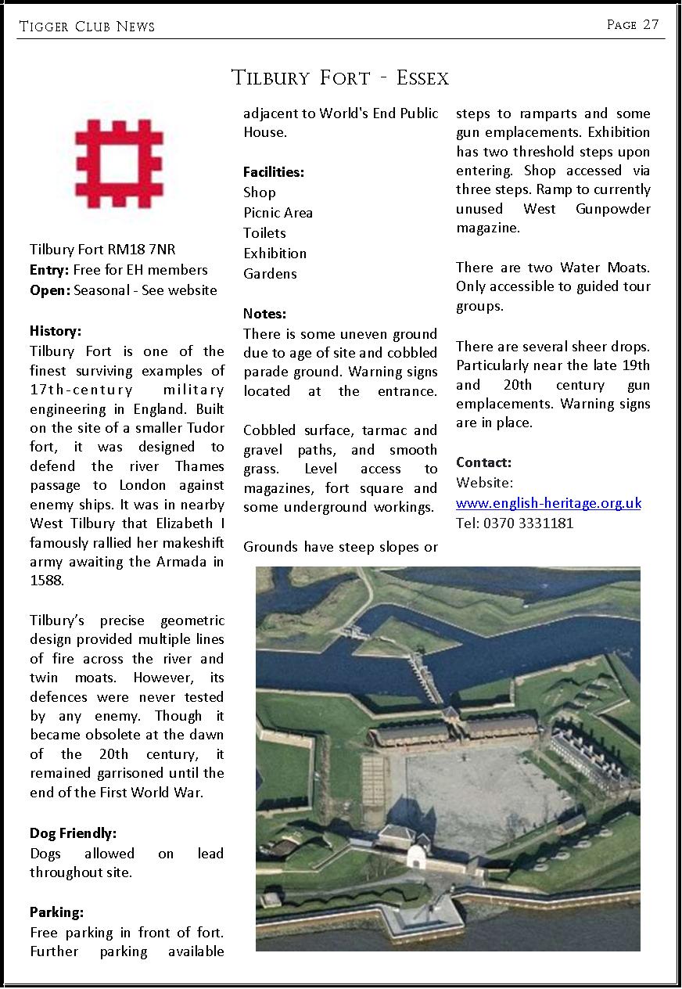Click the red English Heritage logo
click(x=120, y=163)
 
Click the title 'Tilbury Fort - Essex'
click(x=340, y=78)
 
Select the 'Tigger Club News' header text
click(x=87, y=27)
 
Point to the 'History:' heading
click(x=56, y=331)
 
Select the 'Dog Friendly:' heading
click(x=73, y=833)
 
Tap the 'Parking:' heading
click(x=56, y=912)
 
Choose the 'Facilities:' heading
click(x=274, y=172)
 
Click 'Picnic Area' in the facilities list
click(x=278, y=213)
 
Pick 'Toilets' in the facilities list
click(x=264, y=233)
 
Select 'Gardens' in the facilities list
click(x=270, y=274)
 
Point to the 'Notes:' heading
click(x=264, y=314)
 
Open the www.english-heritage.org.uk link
click(x=548, y=503)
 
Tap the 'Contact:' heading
click(x=483, y=462)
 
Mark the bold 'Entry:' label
click(x=50, y=270)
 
